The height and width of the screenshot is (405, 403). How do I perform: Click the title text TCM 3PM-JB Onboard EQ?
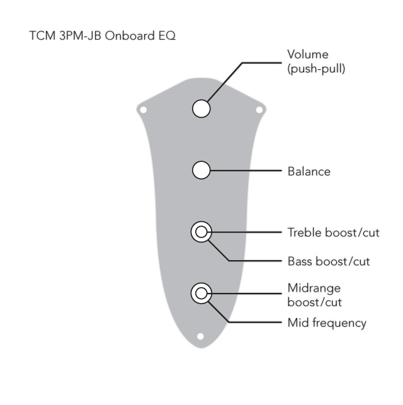tap(102, 35)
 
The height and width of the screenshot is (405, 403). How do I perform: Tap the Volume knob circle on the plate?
tap(201, 108)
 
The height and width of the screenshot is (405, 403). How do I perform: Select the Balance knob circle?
tap(201, 169)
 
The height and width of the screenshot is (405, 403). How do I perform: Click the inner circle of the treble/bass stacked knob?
tap(201, 232)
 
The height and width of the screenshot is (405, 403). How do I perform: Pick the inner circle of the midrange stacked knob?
tap(201, 293)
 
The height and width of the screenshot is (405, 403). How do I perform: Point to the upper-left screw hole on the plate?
tap(143, 110)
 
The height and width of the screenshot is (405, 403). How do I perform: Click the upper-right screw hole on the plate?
tap(259, 110)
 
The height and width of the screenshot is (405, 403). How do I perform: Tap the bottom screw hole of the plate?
tap(201, 336)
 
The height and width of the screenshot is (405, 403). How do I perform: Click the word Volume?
tap(308, 55)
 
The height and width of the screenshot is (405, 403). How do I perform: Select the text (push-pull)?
tap(316, 69)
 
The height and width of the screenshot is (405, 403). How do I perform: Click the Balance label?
tap(309, 171)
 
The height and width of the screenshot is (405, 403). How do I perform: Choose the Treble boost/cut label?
tap(334, 232)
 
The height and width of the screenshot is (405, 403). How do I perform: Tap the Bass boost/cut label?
tap(329, 261)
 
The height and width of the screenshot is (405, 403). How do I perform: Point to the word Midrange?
tap(314, 288)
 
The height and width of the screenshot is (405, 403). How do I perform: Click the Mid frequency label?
tap(327, 323)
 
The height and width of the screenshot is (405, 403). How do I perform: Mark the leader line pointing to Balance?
tap(246, 170)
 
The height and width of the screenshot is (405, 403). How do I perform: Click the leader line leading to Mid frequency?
tap(252, 322)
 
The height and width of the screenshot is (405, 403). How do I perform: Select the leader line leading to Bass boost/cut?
tap(252, 260)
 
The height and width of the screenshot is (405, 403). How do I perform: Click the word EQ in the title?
tap(166, 35)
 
